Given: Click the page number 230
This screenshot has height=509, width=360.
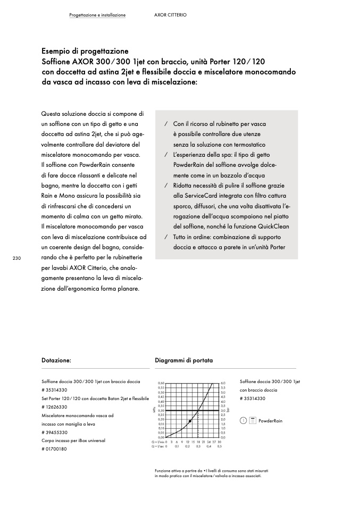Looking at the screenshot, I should pos(16,258).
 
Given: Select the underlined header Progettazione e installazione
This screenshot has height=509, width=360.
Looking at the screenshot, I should pos(97,15).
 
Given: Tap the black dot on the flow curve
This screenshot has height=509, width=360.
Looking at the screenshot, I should pos(190,421).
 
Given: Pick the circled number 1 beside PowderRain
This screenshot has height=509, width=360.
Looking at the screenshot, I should pos(243,420).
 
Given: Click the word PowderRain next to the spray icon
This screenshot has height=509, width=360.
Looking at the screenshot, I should pos(270,421).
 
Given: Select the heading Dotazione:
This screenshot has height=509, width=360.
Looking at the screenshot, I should pos(56,360).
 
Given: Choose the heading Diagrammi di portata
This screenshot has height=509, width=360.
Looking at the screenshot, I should pos(183,360).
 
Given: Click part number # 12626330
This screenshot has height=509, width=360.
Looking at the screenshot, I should pos(54,406).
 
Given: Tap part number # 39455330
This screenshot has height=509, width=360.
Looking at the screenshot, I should pos(54,432).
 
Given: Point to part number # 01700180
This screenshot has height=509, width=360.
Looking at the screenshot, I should pos(54,449).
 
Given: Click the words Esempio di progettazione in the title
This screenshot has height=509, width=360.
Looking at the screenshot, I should pos(85,52).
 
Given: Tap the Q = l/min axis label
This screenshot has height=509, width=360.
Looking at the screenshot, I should pos(159,442).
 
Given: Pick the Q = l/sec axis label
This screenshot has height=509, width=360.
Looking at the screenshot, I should pos(159,446).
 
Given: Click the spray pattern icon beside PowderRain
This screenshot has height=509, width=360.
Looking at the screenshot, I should pos(253,420).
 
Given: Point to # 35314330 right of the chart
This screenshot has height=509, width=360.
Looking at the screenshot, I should pos(253,398).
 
